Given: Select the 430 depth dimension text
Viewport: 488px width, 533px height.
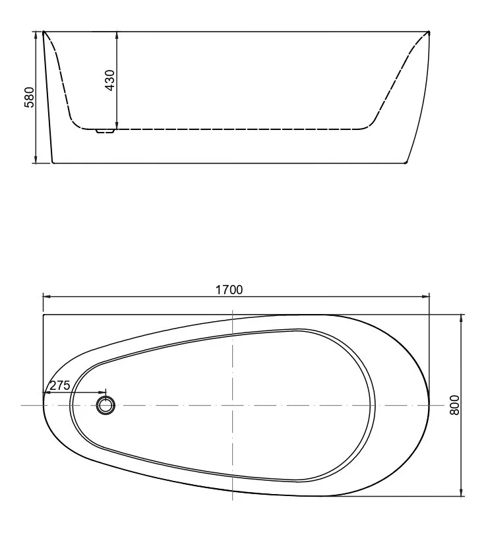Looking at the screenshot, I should (x=110, y=79).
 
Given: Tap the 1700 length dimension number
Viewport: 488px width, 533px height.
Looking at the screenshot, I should (x=230, y=289).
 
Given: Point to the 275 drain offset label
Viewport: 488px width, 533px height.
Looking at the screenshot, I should (x=59, y=386).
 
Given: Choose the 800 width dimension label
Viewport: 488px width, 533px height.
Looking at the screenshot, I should (x=454, y=404).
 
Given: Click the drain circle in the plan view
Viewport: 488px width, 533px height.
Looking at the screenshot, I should (x=105, y=404).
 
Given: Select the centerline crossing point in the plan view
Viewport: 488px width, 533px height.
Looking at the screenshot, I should (x=234, y=404).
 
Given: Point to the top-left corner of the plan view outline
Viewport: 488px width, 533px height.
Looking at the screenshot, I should (x=44, y=315).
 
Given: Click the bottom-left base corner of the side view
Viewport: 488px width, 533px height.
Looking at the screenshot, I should (x=52, y=162).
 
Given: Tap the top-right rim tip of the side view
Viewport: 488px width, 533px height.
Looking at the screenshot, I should (x=429, y=32).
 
